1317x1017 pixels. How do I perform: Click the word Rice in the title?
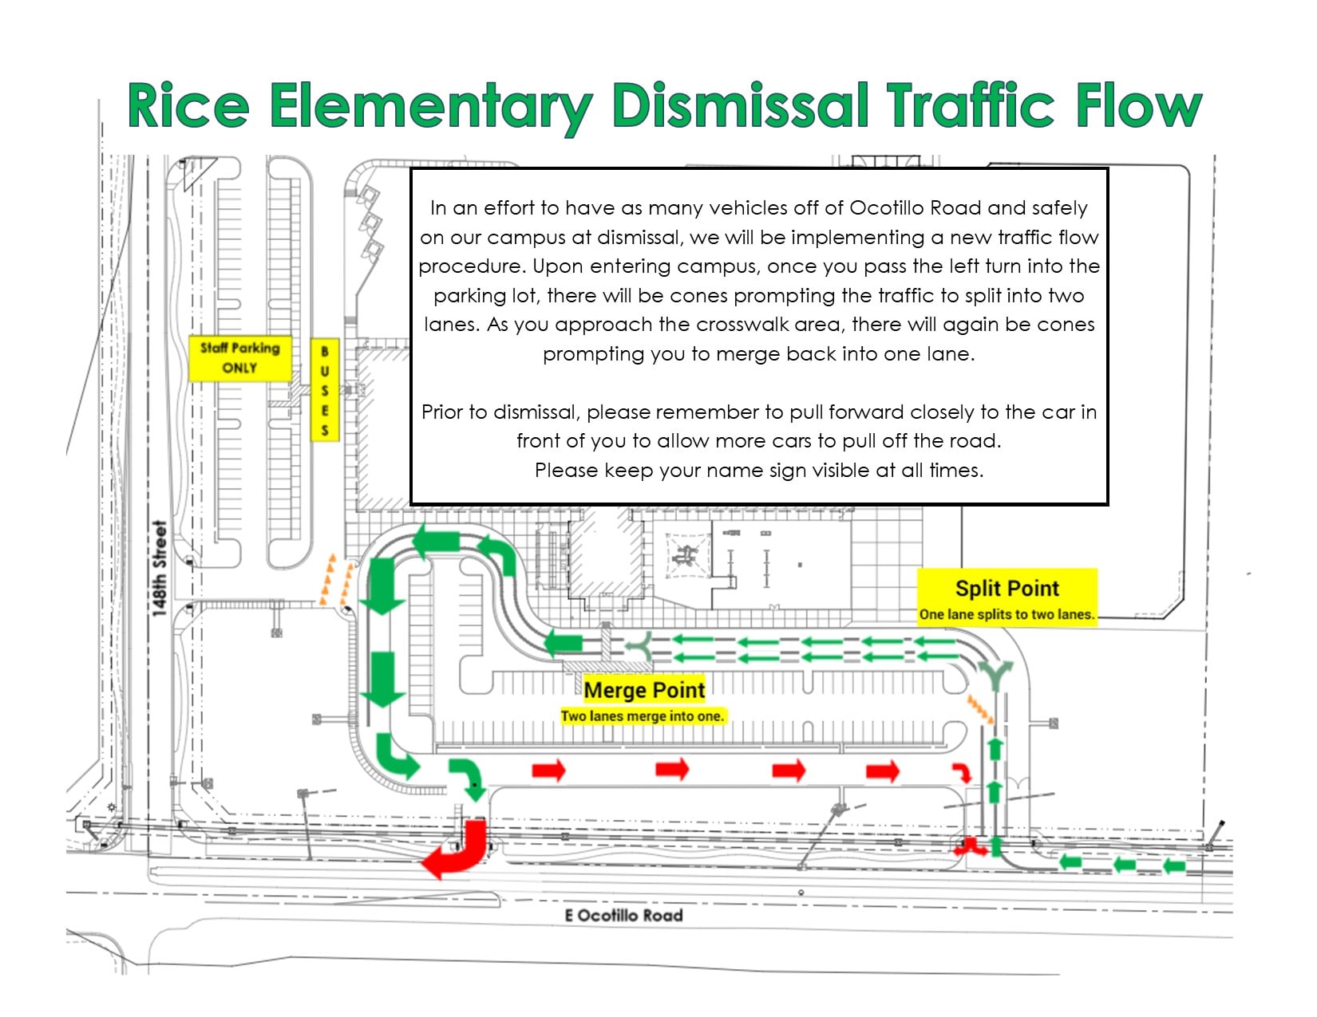(x=188, y=105)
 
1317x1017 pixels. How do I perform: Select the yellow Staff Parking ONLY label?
(x=240, y=358)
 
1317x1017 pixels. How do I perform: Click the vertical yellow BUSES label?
(x=325, y=391)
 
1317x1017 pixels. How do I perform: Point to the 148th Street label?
(x=159, y=569)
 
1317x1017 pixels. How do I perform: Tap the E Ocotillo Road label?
(x=623, y=915)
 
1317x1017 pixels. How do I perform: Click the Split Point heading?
(x=1007, y=588)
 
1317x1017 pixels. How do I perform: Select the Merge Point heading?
(x=644, y=690)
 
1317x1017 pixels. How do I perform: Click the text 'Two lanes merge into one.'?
(x=643, y=716)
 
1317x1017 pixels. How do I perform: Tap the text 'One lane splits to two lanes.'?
(x=1007, y=614)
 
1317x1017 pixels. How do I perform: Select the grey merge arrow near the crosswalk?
(x=642, y=647)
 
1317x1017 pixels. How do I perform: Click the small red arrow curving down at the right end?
(x=962, y=771)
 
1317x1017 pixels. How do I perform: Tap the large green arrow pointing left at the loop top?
(x=436, y=540)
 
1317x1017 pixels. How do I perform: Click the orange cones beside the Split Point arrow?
(x=980, y=708)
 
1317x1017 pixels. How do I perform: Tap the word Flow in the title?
(x=1139, y=105)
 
